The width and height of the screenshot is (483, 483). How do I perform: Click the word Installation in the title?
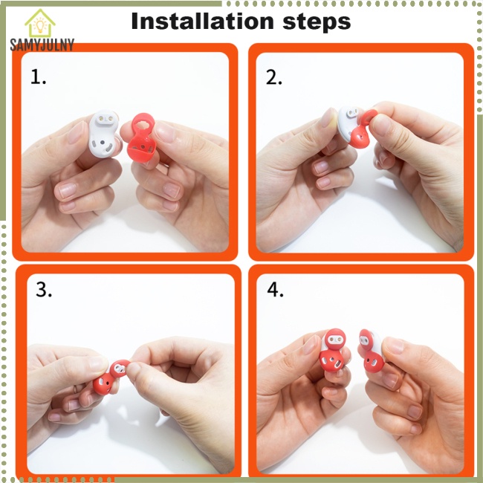point(202,21)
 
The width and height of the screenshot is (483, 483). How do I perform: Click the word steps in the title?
point(317,22)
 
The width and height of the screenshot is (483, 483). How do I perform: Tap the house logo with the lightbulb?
point(40,23)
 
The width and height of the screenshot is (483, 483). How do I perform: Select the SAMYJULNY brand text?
point(42,45)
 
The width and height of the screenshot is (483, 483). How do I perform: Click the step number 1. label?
point(39,77)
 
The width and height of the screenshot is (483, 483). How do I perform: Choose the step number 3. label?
point(44,290)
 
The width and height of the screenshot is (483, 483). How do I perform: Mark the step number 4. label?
point(275,290)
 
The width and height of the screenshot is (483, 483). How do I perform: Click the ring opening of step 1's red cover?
point(143,125)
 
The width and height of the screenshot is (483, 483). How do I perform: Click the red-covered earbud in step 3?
point(111,377)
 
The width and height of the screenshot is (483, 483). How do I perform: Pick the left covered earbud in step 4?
point(333,350)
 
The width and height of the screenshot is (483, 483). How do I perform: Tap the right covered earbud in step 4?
point(372,351)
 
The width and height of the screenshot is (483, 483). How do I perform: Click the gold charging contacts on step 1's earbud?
point(105,119)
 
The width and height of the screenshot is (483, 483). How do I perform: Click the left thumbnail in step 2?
point(328,118)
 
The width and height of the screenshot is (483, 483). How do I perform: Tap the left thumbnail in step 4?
point(310,345)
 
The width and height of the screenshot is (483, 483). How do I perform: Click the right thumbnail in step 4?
point(394,346)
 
